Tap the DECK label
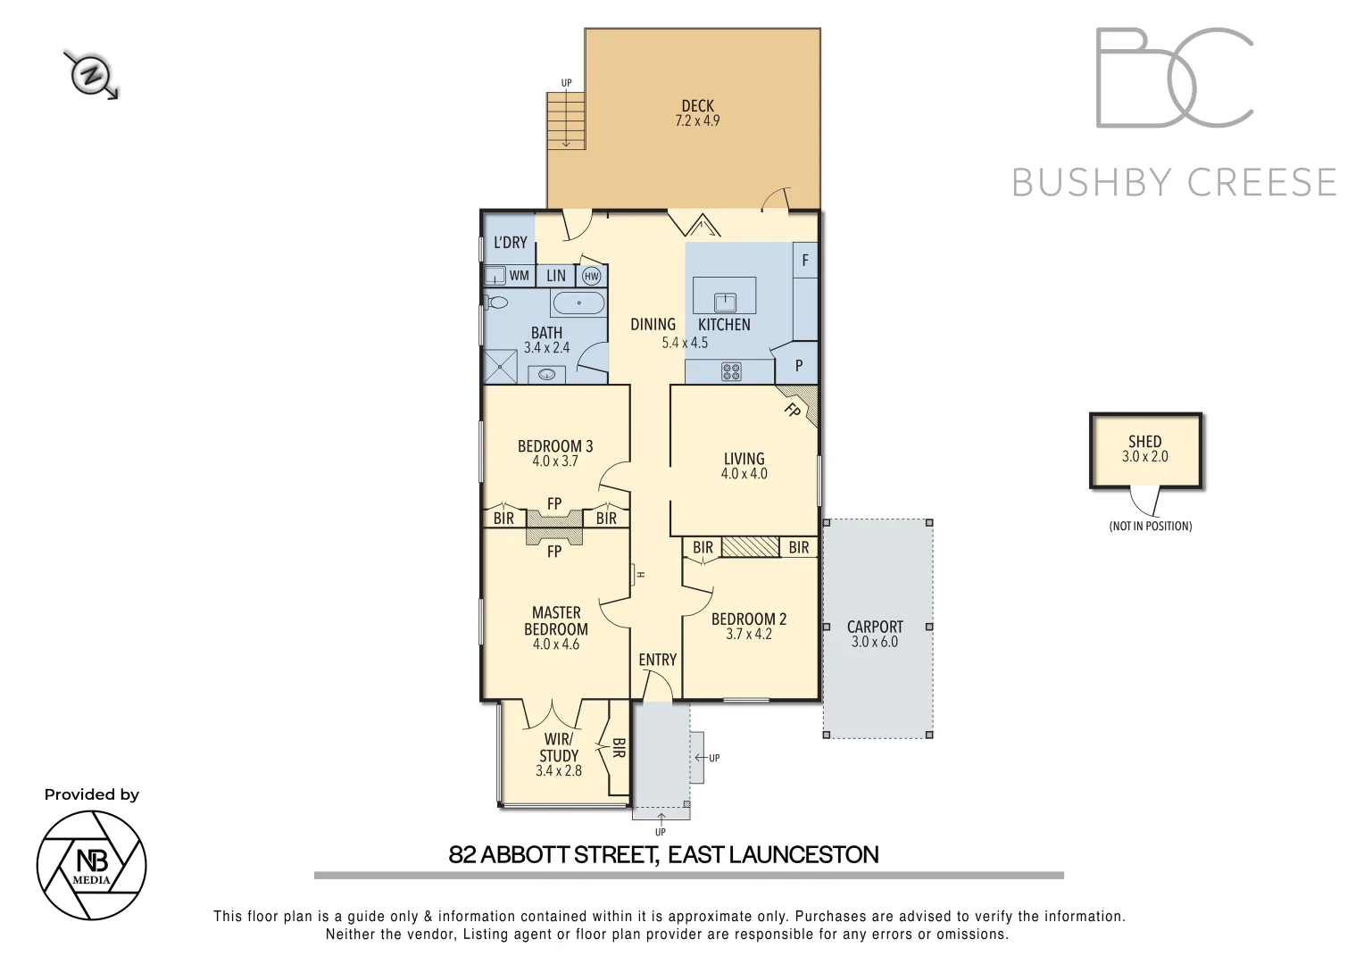[x=697, y=106]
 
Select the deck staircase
[x=566, y=120]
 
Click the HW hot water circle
[x=591, y=277]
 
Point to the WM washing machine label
[x=520, y=276]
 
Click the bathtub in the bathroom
[x=578, y=303]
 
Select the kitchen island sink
[x=724, y=302]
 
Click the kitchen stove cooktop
[x=731, y=371]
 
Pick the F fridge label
[x=805, y=261]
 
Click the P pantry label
[x=798, y=365]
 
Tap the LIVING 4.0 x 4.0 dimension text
[x=744, y=474]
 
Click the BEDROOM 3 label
[x=555, y=446]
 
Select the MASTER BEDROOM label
[x=556, y=620]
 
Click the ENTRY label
[x=657, y=660]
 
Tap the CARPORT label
[x=875, y=627]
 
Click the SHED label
[x=1144, y=441]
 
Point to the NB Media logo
[x=91, y=865]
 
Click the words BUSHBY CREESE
[x=1174, y=183]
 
